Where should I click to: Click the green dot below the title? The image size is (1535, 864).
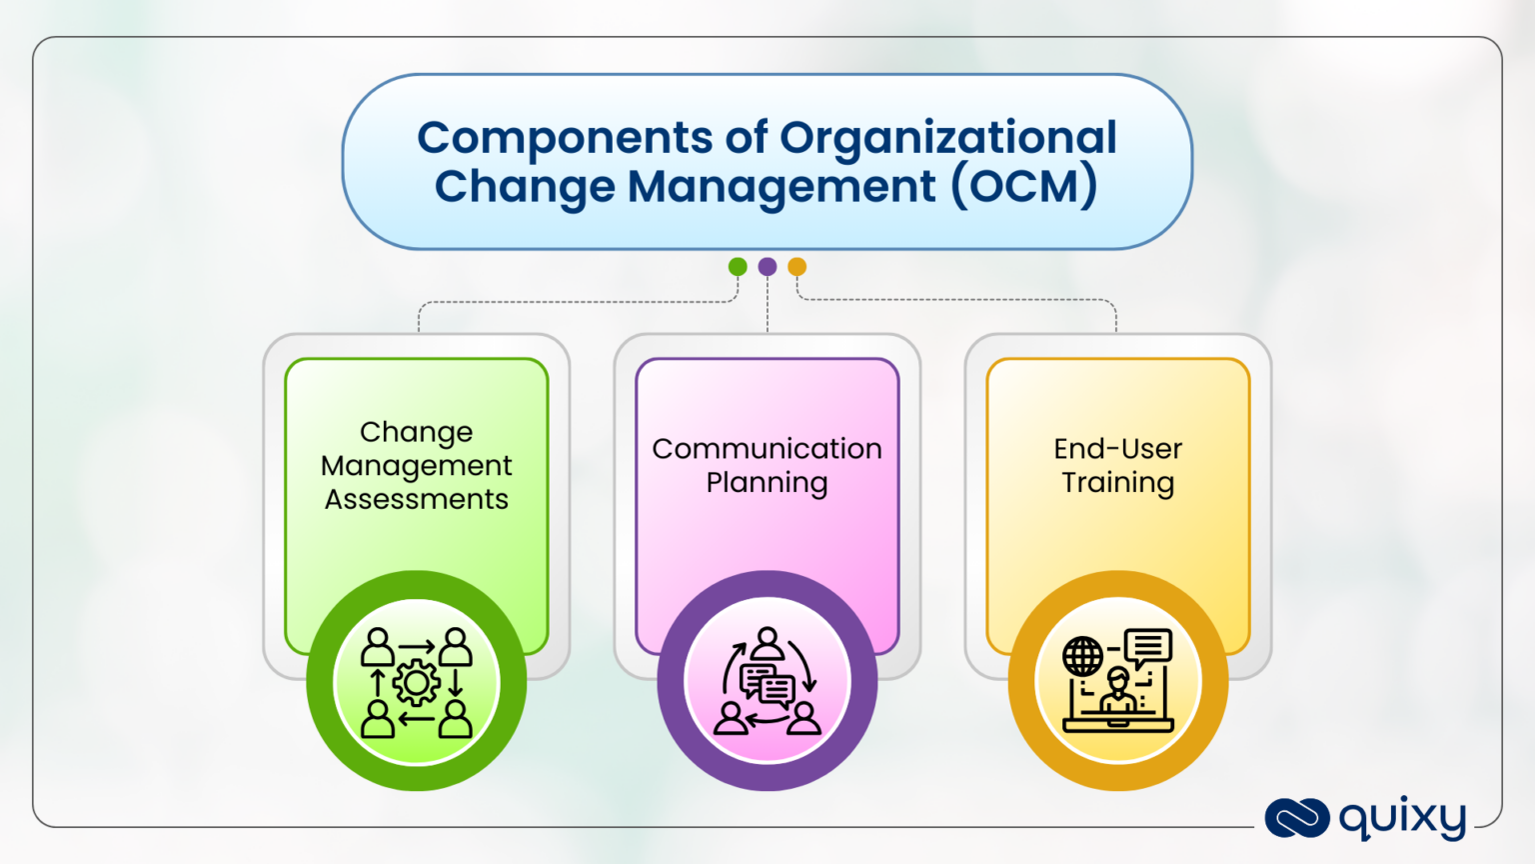click(x=738, y=266)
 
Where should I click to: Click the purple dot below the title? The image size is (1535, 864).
click(x=767, y=266)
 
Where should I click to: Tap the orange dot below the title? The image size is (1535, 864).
click(x=796, y=266)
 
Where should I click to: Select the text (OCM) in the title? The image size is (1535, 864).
click(x=1024, y=186)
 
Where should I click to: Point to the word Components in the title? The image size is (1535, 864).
click(x=565, y=138)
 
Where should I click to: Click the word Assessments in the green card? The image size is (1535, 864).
click(x=417, y=499)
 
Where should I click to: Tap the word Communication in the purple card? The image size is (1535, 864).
click(x=767, y=449)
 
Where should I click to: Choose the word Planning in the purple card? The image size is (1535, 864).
click(x=767, y=483)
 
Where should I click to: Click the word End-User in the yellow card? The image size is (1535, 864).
click(x=1117, y=449)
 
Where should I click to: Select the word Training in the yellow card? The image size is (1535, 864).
click(x=1117, y=483)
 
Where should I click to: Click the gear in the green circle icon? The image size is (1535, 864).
click(x=417, y=683)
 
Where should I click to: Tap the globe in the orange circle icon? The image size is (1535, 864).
click(x=1082, y=657)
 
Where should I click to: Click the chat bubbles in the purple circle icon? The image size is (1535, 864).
click(x=767, y=685)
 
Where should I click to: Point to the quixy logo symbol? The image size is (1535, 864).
click(x=1296, y=817)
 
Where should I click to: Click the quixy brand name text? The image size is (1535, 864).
click(x=1402, y=818)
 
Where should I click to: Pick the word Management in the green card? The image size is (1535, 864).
click(x=417, y=466)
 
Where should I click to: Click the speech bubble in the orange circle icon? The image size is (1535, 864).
click(x=1148, y=647)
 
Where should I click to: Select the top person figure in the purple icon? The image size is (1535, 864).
click(x=767, y=642)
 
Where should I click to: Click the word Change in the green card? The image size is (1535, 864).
click(x=417, y=432)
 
